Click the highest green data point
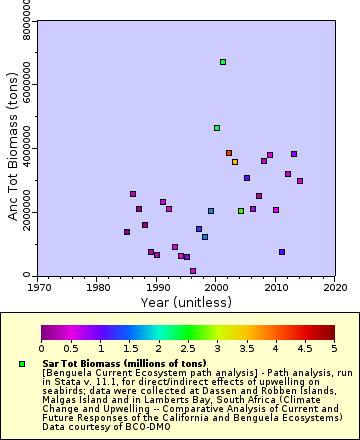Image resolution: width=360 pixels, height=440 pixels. click(x=223, y=62)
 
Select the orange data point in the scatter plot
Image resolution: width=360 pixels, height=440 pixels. click(x=235, y=162)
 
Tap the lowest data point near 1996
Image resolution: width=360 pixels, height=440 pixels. click(x=193, y=271)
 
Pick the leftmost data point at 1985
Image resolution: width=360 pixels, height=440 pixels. click(x=127, y=232)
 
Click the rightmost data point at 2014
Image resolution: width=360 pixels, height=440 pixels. click(x=300, y=181)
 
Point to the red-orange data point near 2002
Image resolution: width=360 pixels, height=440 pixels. click(x=229, y=153)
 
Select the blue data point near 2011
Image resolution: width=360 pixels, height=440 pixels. click(x=282, y=252)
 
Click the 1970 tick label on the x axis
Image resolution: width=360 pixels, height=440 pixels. click(x=39, y=287)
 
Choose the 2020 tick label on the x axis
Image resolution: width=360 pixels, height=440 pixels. click(x=335, y=287)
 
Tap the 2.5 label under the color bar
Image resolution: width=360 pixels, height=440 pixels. click(x=188, y=348)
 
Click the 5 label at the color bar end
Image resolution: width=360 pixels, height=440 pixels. click(x=334, y=348)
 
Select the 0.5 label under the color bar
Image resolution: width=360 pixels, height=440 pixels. click(x=70, y=348)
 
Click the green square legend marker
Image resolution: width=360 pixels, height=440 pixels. click(x=22, y=363)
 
